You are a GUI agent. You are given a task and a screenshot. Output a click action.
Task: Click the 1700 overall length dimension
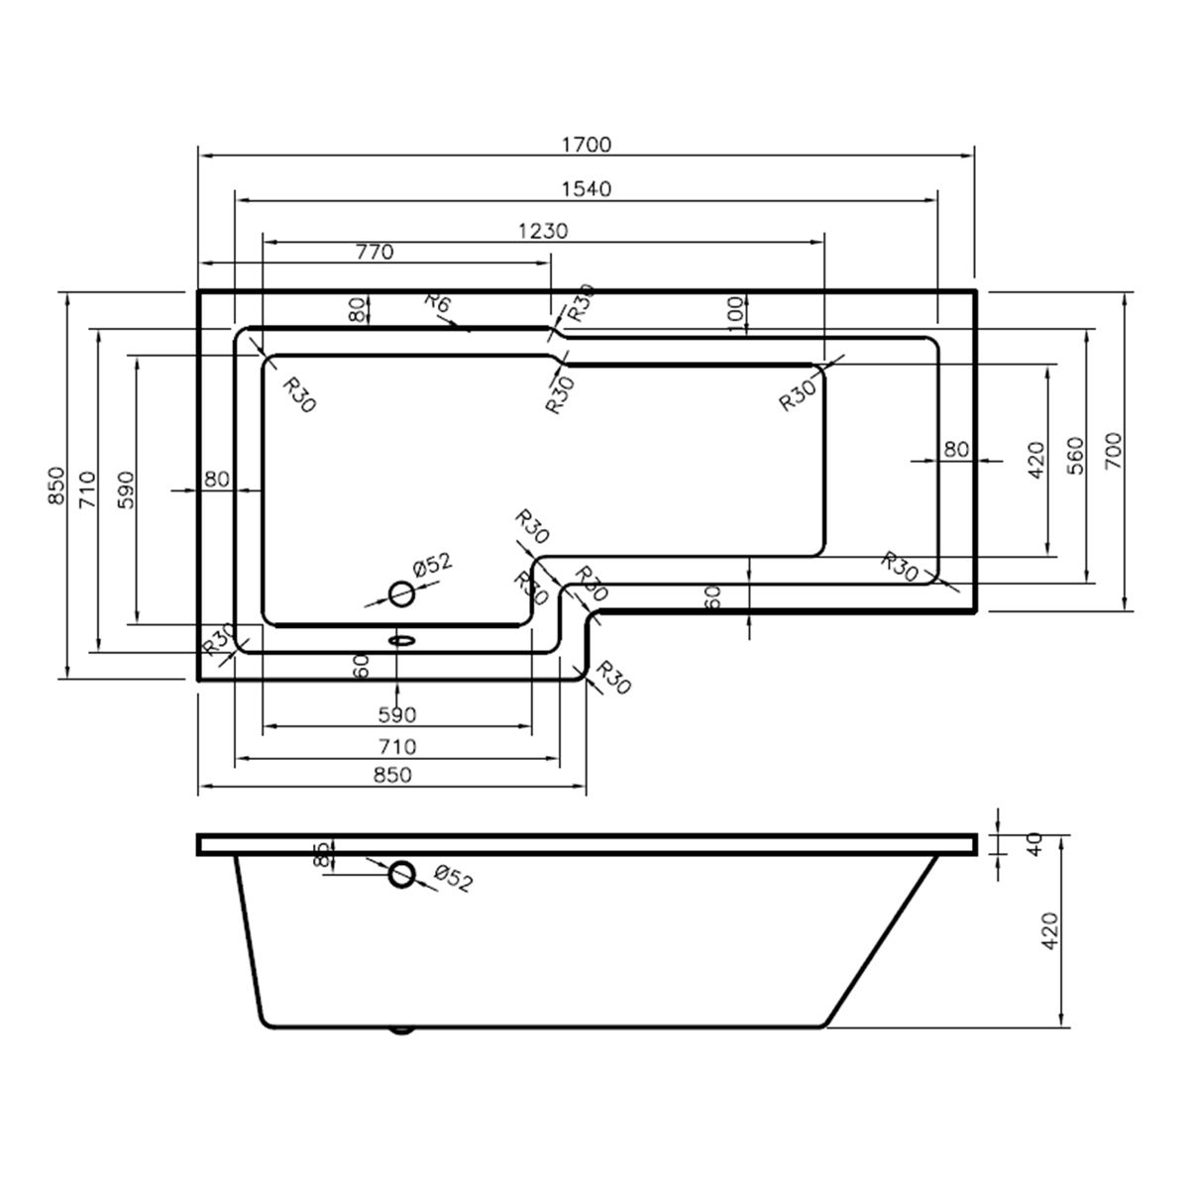(587, 145)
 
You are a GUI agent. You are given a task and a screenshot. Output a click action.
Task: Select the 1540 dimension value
(587, 188)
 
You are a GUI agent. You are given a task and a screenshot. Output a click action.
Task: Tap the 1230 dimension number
(543, 231)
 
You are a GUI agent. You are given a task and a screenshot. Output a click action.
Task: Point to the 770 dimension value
(375, 252)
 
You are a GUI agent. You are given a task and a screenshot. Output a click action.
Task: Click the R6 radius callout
(439, 303)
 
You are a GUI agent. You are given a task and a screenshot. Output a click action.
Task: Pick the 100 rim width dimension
(735, 313)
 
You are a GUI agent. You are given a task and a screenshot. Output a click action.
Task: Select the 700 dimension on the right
(1113, 451)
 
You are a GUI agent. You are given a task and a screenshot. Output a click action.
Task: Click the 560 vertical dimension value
(1075, 456)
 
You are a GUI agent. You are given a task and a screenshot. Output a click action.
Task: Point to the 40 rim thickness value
(1034, 843)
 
